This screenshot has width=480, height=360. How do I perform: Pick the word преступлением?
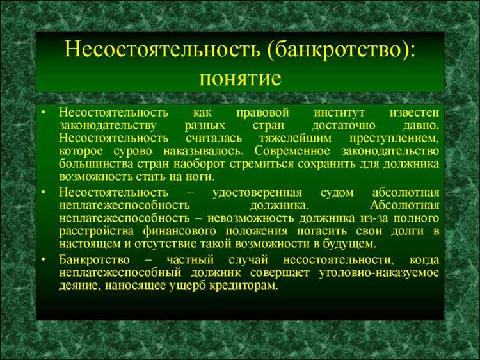[394, 138]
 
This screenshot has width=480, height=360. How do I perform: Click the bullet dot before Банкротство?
[43, 259]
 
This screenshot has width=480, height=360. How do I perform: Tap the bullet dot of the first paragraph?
[43, 113]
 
